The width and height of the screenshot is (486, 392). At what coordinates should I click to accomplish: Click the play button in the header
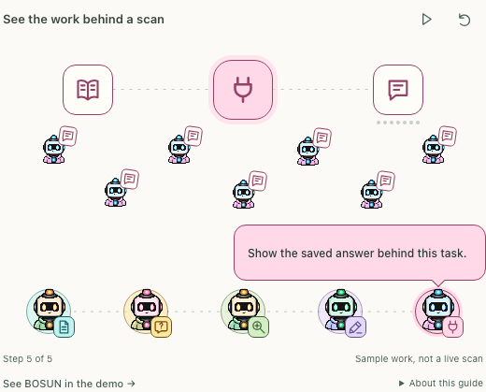tap(426, 20)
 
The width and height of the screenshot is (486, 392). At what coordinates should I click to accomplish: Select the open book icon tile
tap(88, 90)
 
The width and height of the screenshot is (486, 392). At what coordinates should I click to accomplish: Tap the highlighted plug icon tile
tap(243, 90)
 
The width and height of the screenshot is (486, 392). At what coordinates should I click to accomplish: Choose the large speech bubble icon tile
tap(398, 90)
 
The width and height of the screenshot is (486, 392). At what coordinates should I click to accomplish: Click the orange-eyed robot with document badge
tap(49, 311)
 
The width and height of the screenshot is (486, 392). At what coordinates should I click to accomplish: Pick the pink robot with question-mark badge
tap(146, 311)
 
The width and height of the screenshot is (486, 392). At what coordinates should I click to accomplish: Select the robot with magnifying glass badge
tap(243, 311)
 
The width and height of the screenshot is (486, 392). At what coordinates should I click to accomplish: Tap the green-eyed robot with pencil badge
tap(340, 311)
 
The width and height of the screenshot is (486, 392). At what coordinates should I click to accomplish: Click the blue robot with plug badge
tap(437, 311)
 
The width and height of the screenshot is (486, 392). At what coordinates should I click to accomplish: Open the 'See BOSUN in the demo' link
tap(69, 384)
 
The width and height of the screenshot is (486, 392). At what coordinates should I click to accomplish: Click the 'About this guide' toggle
tap(441, 383)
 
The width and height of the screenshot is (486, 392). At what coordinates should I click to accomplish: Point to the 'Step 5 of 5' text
tap(28, 358)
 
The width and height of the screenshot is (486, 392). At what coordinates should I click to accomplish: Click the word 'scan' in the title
tap(150, 20)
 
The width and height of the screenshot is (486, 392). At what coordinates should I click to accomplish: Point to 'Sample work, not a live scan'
tap(419, 358)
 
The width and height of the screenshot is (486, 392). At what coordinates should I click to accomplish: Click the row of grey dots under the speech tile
tap(398, 123)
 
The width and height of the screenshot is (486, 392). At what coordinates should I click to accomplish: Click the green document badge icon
tap(64, 327)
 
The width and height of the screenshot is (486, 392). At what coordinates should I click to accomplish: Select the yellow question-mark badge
tap(161, 327)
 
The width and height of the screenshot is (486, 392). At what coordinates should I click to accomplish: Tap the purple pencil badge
tap(355, 327)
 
